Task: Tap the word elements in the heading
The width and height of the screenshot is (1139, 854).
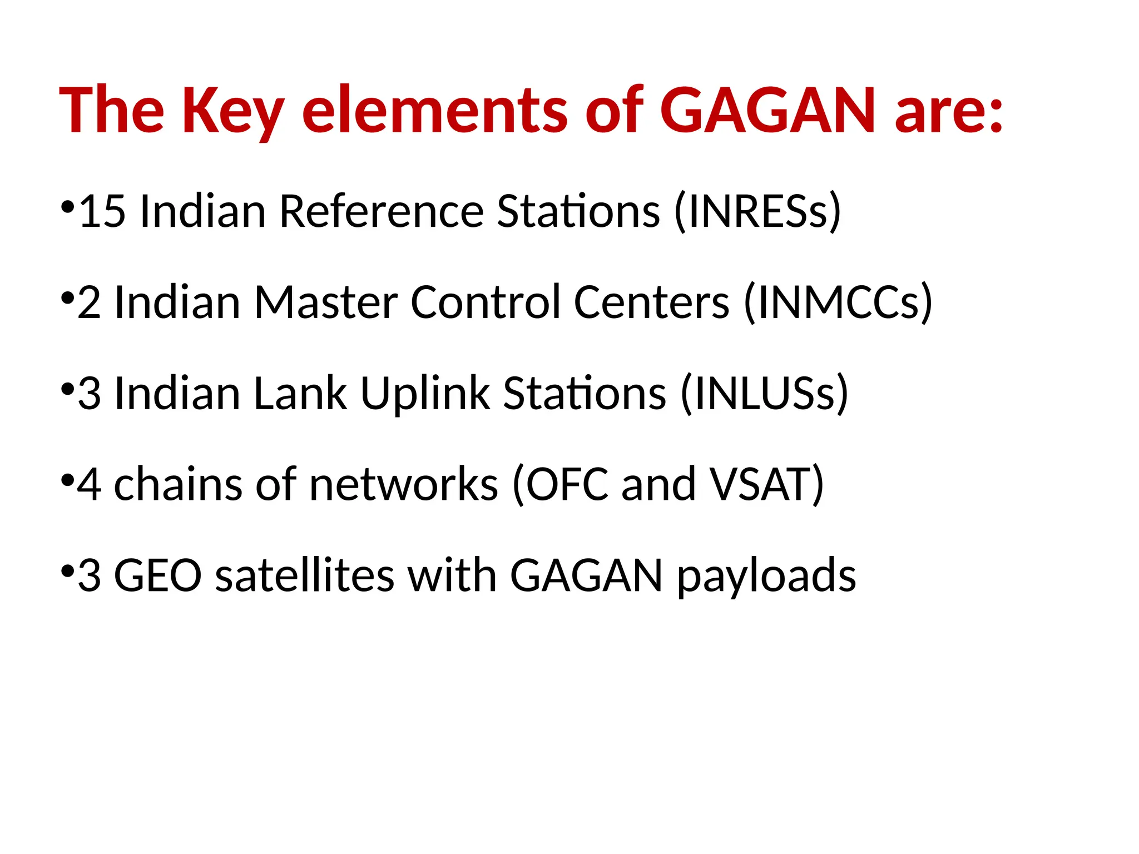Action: tap(434, 111)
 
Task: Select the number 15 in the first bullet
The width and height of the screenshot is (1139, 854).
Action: tap(102, 211)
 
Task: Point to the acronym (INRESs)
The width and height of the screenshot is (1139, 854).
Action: tap(757, 211)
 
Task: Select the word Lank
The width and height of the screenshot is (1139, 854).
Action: tap(300, 394)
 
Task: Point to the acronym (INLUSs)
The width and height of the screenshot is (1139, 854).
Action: tap(765, 394)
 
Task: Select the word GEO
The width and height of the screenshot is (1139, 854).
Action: tap(157, 575)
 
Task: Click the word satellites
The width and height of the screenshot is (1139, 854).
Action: tap(305, 575)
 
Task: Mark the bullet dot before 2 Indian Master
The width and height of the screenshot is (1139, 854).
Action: tap(67, 299)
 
